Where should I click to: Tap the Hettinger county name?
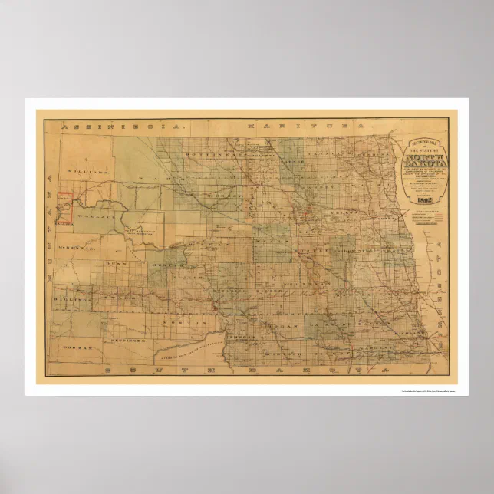123,337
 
